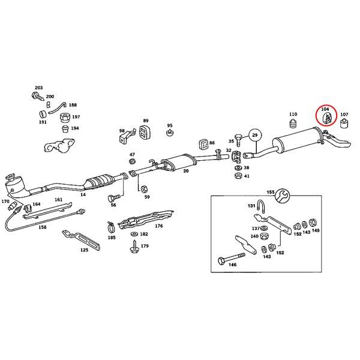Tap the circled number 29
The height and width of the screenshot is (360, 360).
click(254, 136)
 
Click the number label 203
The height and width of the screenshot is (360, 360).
click(39, 88)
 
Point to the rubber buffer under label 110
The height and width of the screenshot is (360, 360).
click(293, 125)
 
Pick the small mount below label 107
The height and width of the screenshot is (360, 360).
click(344, 124)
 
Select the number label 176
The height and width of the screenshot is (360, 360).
click(158, 226)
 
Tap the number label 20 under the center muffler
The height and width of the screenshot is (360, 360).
click(186, 171)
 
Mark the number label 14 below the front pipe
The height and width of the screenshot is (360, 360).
click(83, 194)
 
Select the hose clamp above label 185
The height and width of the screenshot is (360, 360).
click(111, 227)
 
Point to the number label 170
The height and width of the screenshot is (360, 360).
click(5, 202)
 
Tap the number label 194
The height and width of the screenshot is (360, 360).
click(75, 128)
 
